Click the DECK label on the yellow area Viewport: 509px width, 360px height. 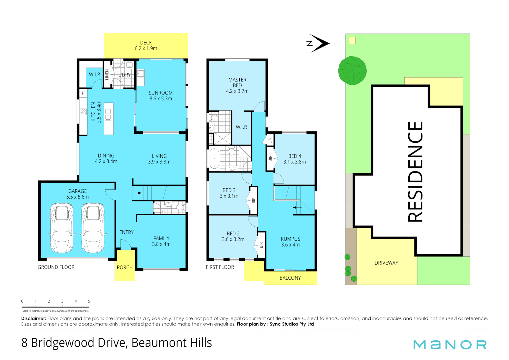tap(146, 43)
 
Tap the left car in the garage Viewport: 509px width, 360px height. tap(62, 228)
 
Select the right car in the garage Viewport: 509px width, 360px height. tap(93, 228)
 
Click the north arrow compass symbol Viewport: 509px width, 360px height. tap(318, 43)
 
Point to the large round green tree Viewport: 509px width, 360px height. tap(352, 71)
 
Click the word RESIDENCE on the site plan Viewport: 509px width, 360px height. tap(415, 172)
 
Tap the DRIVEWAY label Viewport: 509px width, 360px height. tap(386, 263)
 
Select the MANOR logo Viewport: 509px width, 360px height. tap(450, 345)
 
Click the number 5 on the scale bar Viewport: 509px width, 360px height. tap(89, 301)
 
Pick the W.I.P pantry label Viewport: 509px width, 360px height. tap(94, 75)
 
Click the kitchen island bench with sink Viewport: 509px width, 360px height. tap(108, 118)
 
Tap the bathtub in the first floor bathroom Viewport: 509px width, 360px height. tap(214, 159)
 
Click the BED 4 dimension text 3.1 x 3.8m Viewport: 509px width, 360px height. tap(294, 162)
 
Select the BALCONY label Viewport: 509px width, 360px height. tap(290, 278)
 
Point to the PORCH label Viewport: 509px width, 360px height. tap(125, 267)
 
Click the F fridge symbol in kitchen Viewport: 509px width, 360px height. tap(83, 93)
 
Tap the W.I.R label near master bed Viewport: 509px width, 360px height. tap(241, 127)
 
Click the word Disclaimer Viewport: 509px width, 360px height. tap(33, 319)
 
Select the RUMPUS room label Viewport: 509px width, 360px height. tap(290, 239)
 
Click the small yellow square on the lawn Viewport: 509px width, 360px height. tap(352, 41)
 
